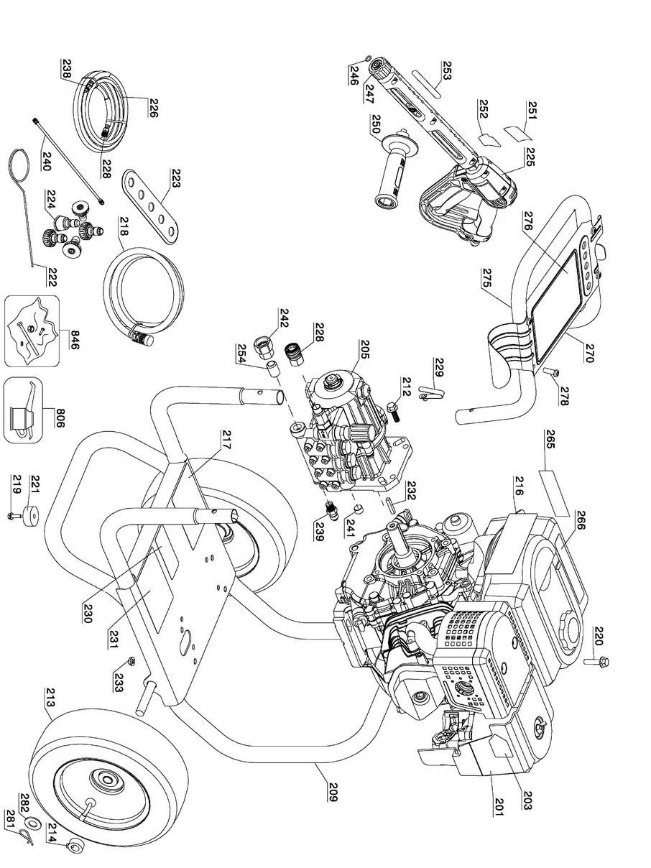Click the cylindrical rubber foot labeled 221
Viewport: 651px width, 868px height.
pos(34,517)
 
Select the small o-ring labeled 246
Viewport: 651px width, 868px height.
pos(368,60)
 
